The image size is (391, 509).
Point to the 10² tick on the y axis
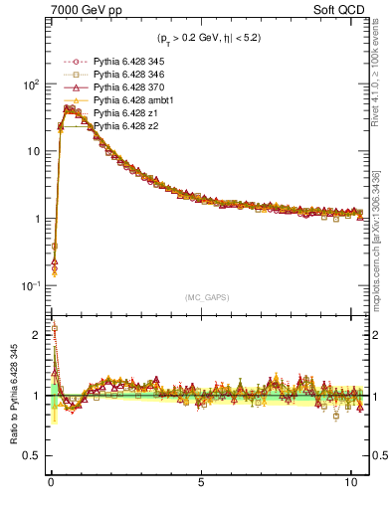[x=29, y=85]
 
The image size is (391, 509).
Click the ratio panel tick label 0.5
[x=32, y=455]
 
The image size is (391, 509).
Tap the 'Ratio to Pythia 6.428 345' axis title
[x=13, y=398]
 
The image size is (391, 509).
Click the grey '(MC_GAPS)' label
[x=208, y=296]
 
